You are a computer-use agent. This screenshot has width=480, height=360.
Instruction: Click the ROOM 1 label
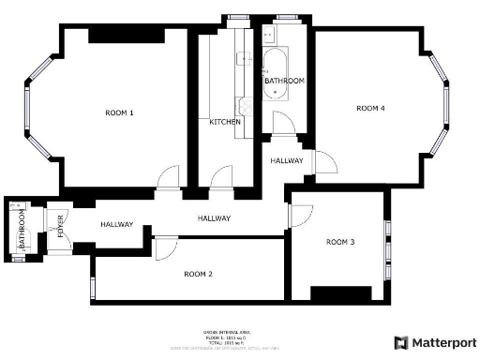point(119,113)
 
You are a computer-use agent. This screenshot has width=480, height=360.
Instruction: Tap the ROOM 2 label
point(198,274)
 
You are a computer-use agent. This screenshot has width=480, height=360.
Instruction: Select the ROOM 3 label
point(340,242)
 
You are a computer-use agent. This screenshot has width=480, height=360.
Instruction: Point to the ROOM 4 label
point(370,109)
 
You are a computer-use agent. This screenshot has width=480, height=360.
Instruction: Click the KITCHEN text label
point(225,123)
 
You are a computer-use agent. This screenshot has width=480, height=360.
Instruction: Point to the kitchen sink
point(245,58)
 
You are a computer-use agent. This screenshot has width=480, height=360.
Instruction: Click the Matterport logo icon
point(401,343)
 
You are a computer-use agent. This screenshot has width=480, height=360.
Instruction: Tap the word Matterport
point(445,343)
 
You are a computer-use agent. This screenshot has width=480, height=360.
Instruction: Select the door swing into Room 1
point(169,176)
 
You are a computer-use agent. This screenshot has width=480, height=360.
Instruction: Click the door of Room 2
point(165,247)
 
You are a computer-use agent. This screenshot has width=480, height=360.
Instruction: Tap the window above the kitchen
point(236,17)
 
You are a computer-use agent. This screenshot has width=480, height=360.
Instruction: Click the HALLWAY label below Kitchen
point(214,218)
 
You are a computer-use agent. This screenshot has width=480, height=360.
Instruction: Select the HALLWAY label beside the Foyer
point(117,225)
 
